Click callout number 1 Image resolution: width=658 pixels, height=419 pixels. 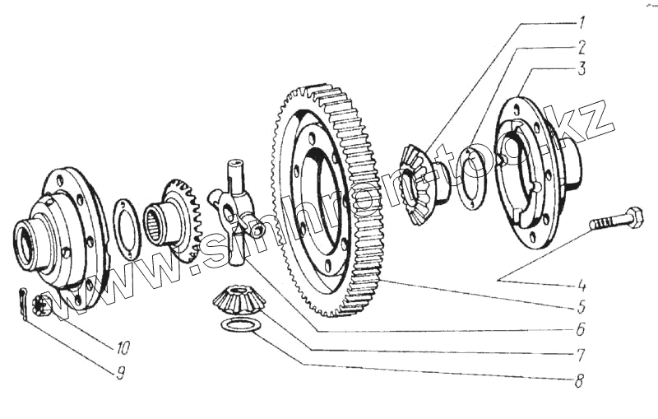point(581,23)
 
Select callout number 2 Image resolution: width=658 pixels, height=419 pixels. point(581,47)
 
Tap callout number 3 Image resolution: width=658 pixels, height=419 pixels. point(581,70)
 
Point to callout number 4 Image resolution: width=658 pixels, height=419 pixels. point(581,286)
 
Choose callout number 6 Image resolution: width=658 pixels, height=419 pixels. point(581,331)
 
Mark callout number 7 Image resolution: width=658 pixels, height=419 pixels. point(581,356)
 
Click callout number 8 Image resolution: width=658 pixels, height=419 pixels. point(581,381)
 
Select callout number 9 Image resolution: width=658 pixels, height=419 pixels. point(121,372)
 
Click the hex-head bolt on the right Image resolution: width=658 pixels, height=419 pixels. point(618,220)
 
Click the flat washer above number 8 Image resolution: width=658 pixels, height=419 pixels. point(240,325)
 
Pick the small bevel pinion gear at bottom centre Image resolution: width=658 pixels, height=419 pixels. point(237,298)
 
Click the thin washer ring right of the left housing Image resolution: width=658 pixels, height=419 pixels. point(126,228)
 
